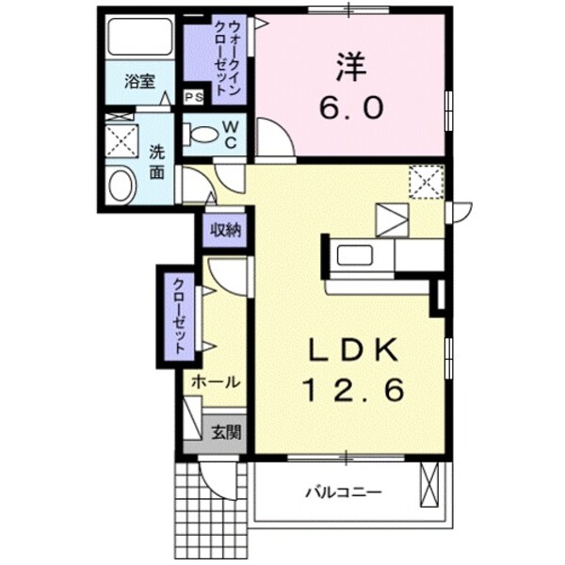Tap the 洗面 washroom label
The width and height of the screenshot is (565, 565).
(x=157, y=161)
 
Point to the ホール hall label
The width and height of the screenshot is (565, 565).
(x=216, y=381)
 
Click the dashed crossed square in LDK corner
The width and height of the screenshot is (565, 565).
(x=425, y=182)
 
